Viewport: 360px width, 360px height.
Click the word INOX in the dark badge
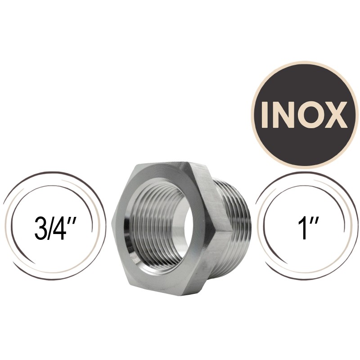click(301, 115)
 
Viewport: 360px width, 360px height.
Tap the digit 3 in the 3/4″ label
click(40, 229)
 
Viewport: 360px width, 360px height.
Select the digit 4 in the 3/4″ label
click(60, 229)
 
